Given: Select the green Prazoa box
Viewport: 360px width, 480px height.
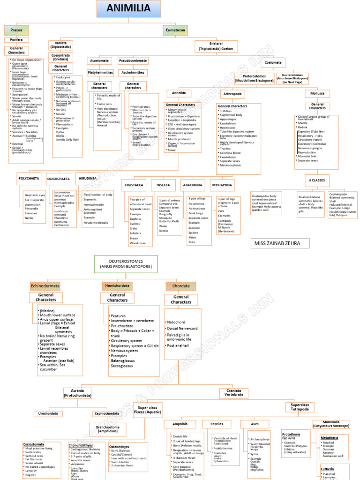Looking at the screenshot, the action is coord(16,30).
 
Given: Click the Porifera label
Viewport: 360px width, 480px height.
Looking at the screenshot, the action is coord(16,40).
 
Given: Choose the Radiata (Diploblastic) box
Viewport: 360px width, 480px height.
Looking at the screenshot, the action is coord(61,45).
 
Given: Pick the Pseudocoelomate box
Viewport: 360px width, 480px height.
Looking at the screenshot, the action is coord(133,61).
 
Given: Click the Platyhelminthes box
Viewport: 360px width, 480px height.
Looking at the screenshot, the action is coord(100,73).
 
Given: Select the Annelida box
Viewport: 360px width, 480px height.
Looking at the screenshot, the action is coord(179,93).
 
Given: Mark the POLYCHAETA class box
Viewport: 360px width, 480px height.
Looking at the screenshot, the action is coord(29,178).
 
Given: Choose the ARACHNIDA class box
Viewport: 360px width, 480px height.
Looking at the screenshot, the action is coord(193,185).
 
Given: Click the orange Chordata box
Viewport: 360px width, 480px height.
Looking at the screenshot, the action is coord(181,285).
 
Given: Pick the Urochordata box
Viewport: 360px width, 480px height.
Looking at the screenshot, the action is coord(48,414).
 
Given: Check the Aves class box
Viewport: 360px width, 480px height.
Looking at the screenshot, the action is coord(249,424).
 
